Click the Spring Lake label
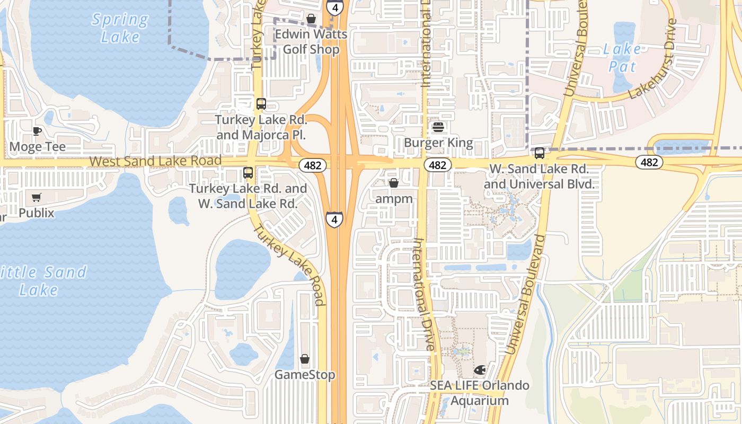pyautogui.click(x=120, y=28)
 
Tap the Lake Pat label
pyautogui.click(x=622, y=58)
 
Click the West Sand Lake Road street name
pyautogui.click(x=155, y=161)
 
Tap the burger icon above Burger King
pyautogui.click(x=438, y=127)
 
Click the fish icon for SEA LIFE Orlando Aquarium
pyautogui.click(x=480, y=369)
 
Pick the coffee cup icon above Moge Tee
pyautogui.click(x=37, y=131)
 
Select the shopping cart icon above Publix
pyautogui.click(x=36, y=198)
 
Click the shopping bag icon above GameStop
pyautogui.click(x=305, y=359)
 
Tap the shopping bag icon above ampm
pyautogui.click(x=394, y=183)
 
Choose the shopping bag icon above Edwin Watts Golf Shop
pyautogui.click(x=311, y=19)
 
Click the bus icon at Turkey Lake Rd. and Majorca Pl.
pyautogui.click(x=261, y=104)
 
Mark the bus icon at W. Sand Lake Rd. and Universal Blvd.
pyautogui.click(x=539, y=153)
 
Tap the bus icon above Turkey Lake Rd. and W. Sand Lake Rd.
pyautogui.click(x=248, y=173)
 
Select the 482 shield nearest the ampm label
pyautogui.click(x=437, y=165)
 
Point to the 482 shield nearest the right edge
pyautogui.click(x=649, y=162)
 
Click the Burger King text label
pyautogui.click(x=438, y=143)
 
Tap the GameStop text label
pyautogui.click(x=304, y=375)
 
